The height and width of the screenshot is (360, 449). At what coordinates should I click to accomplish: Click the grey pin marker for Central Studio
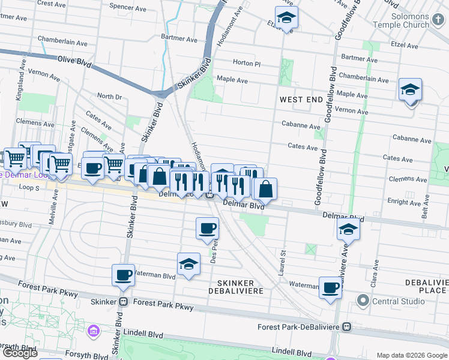[x=362, y=299]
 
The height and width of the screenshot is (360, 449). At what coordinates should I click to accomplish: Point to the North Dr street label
[x=109, y=97]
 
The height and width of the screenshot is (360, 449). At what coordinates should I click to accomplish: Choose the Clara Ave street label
[x=376, y=269]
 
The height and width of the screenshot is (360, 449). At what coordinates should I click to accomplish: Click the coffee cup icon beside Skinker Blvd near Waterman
[x=123, y=274]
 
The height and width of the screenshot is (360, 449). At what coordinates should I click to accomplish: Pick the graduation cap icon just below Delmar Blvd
[x=348, y=229]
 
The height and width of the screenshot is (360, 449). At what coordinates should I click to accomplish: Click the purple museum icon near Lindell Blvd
[x=92, y=331]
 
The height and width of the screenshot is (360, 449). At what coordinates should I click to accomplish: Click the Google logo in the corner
[x=20, y=353]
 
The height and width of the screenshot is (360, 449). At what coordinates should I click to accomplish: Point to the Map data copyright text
[x=412, y=355]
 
